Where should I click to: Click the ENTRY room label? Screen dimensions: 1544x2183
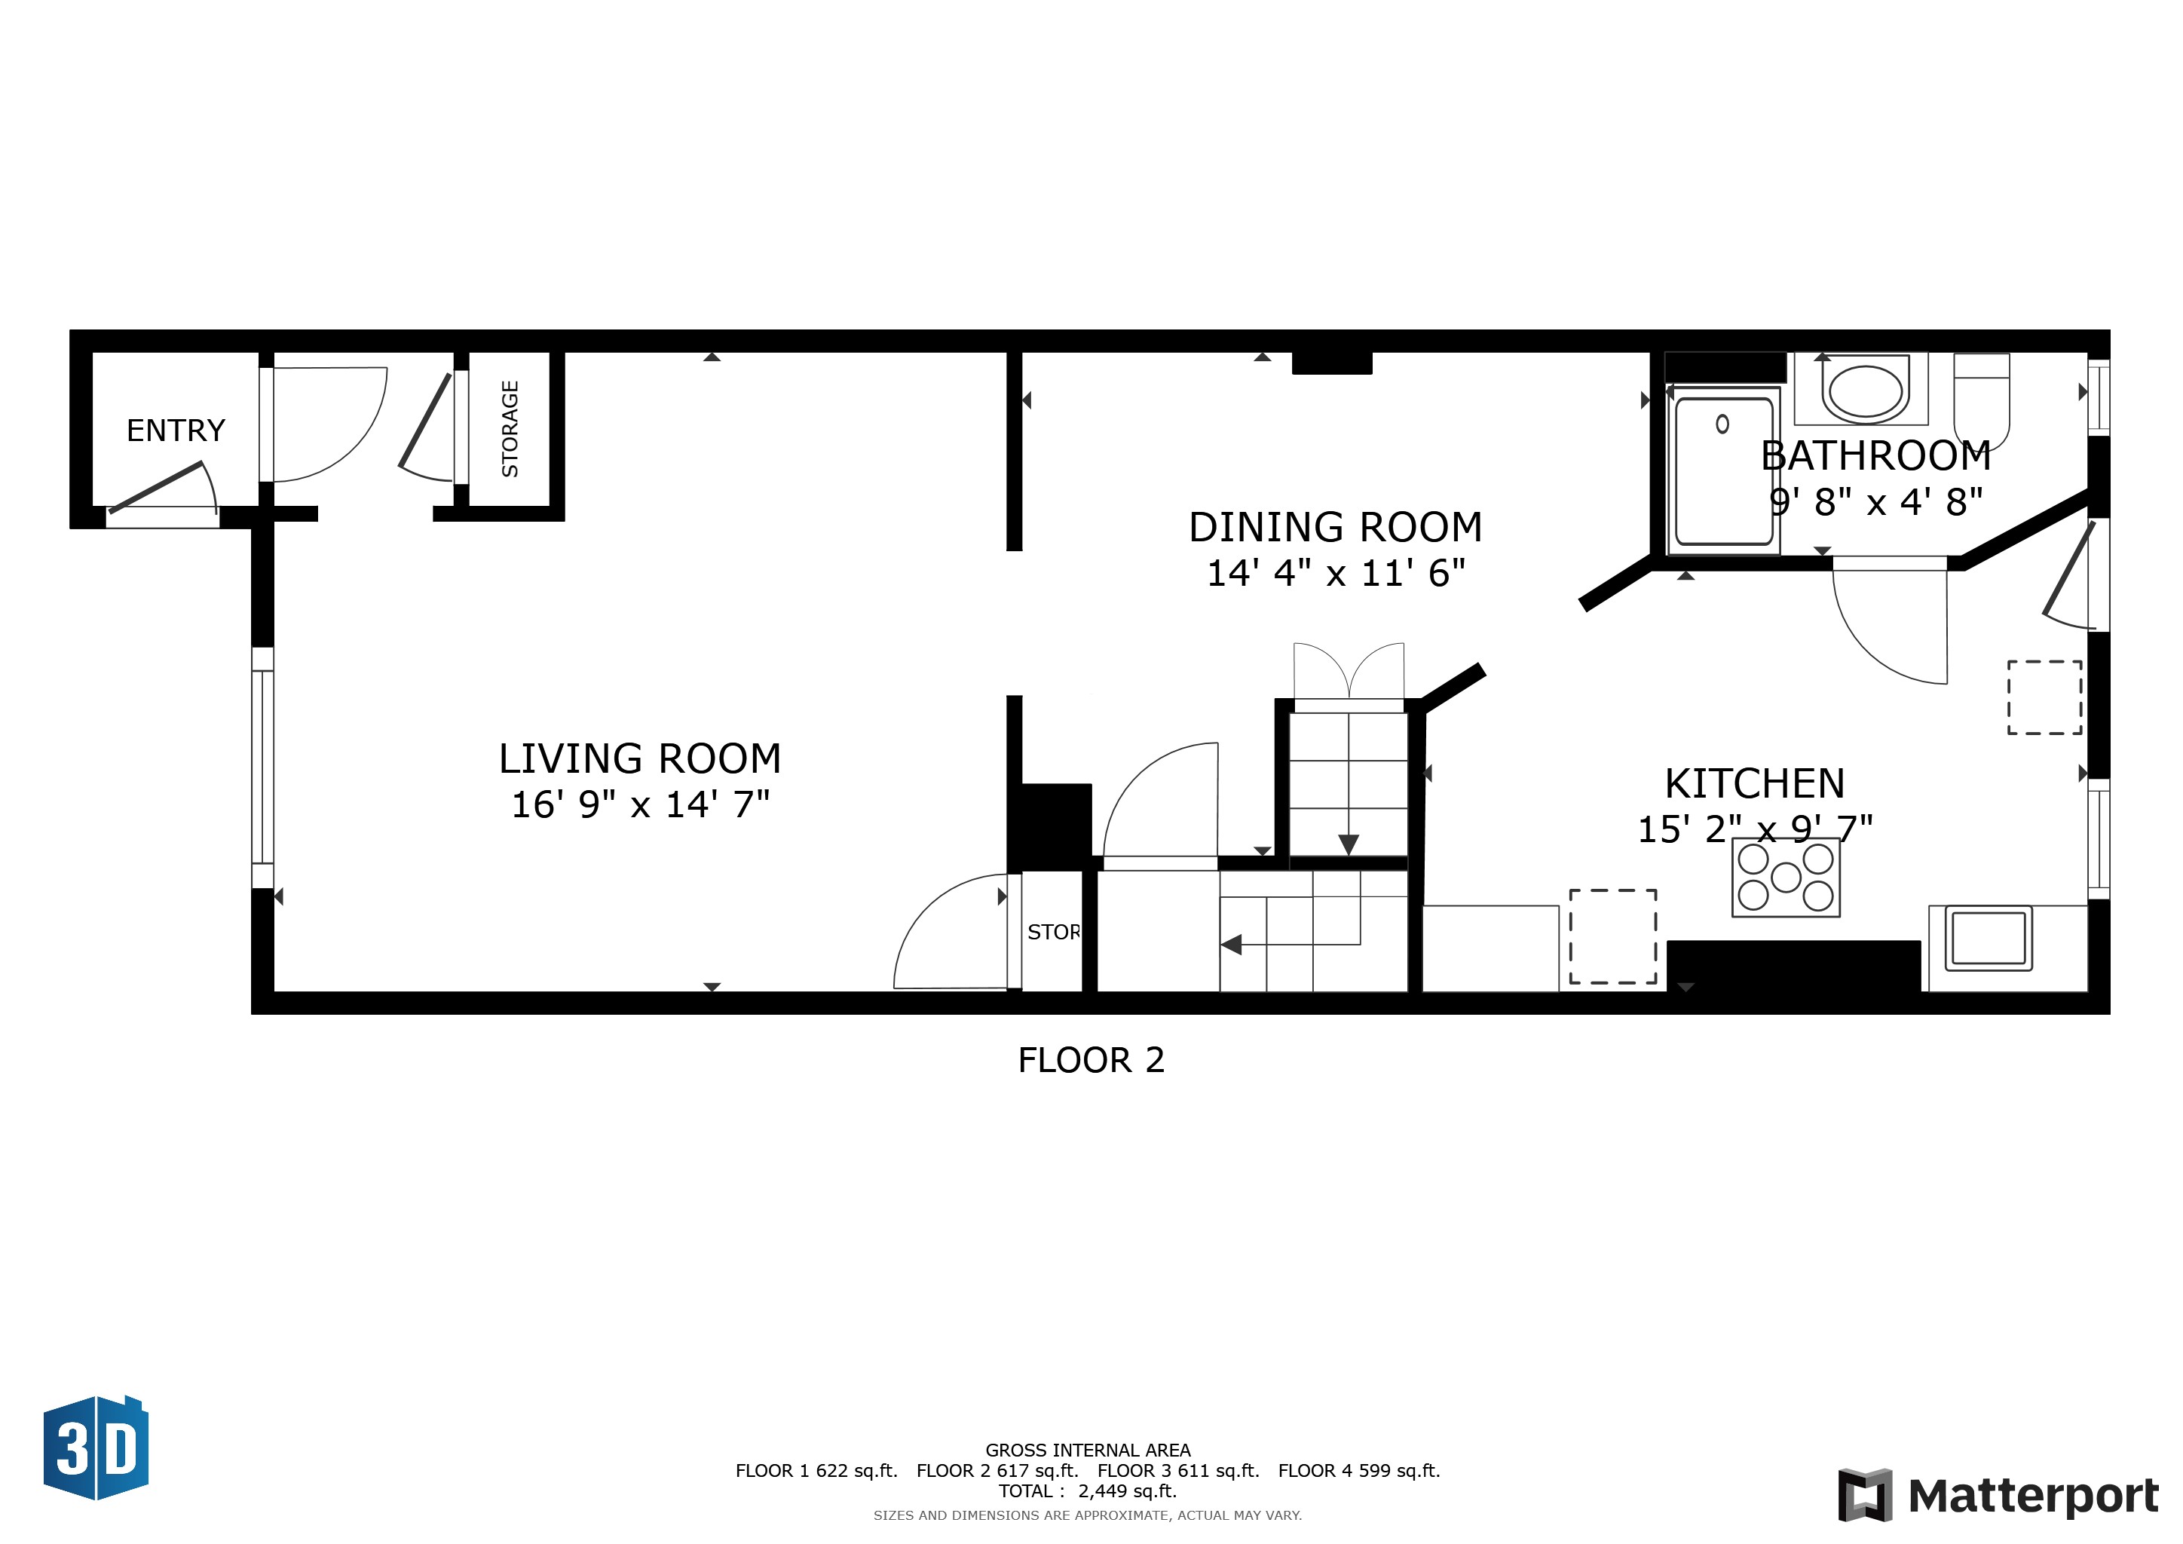tap(176, 430)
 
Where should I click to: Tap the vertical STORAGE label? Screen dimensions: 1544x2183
tap(510, 429)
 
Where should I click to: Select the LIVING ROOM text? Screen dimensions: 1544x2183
tap(639, 758)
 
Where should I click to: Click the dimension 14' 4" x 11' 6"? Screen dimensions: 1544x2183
tap(1335, 573)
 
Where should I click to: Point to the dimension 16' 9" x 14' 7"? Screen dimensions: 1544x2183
tap(639, 805)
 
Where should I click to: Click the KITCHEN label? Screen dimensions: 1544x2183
tap(1754, 783)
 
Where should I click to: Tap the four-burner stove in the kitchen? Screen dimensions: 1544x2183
tap(1785, 878)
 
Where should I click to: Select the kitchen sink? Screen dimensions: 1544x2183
tap(1988, 939)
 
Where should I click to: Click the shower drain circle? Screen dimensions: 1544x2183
tap(1722, 424)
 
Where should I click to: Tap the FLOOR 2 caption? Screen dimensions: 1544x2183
tap(1091, 1060)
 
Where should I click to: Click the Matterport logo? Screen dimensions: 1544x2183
tap(1998, 1496)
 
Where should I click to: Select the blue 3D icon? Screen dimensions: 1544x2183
tap(96, 1448)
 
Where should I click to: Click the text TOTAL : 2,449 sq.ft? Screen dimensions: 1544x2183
tap(1087, 1490)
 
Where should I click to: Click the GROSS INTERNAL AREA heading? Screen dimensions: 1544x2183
tap(1087, 1450)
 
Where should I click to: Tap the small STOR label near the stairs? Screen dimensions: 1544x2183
tap(1052, 933)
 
